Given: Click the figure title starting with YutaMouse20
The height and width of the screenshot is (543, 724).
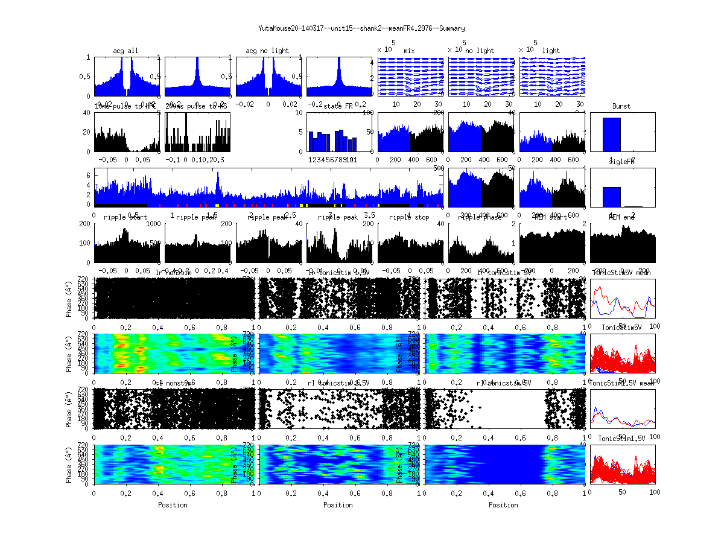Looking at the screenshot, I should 361,28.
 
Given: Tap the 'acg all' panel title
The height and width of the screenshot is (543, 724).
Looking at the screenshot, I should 125,51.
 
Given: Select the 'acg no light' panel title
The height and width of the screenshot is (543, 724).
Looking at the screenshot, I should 267,51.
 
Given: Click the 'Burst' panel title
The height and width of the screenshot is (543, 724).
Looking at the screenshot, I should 621,106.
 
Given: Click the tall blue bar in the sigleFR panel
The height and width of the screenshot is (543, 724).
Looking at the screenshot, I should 611,197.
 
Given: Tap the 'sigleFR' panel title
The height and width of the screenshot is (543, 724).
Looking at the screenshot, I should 621,162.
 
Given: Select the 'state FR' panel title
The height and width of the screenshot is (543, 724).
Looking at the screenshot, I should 338,106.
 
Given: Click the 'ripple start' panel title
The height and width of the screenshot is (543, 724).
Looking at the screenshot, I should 125,217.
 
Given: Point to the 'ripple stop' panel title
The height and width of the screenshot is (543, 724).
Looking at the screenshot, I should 409,217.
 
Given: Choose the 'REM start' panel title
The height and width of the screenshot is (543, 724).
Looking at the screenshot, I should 551,217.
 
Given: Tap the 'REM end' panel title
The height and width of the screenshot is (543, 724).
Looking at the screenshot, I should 621,217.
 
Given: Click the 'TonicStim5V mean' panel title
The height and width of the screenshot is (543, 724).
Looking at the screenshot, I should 621,273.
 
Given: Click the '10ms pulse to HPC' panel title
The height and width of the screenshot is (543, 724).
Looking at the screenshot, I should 125,106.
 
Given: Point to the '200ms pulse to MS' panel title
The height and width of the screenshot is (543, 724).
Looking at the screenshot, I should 197,106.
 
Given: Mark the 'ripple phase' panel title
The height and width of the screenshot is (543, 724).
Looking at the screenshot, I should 480,217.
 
